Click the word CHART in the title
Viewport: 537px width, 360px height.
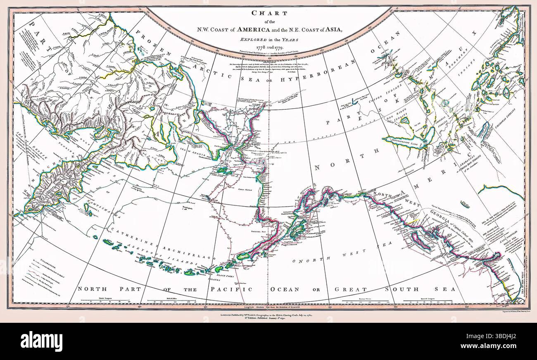pyautogui.click(x=268, y=13)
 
